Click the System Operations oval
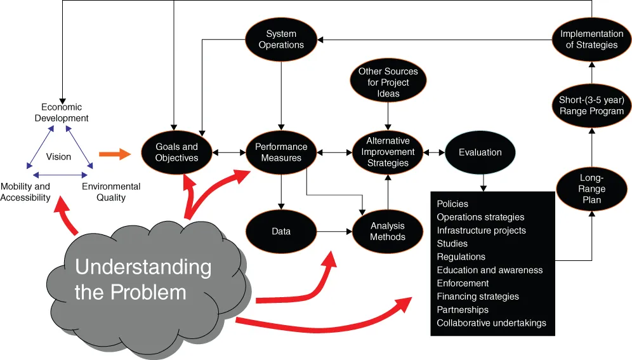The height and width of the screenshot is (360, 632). coord(281,39)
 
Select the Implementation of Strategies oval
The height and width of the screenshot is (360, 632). coord(591,39)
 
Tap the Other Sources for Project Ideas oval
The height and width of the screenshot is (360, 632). coord(388,83)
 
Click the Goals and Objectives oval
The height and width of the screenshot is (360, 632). coord(176,152)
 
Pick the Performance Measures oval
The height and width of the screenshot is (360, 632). coord(281,152)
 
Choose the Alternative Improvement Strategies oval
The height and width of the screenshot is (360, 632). coord(388,152)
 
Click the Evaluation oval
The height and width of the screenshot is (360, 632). coord(480,152)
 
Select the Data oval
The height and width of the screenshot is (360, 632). coord(281,232)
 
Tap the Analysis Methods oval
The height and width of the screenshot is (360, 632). coord(388,232)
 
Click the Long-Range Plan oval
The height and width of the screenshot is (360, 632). coord(591,189)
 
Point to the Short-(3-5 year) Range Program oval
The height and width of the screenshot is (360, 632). coord(591,105)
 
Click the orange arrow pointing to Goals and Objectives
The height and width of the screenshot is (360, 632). coord(114,154)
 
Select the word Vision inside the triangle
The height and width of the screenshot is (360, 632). coord(58,156)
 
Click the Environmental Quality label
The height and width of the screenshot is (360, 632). coord(111,192)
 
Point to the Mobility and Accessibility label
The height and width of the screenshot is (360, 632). coord(25,192)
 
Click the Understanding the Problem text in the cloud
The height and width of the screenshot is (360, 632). coord(143,279)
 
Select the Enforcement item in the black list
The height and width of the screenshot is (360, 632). coord(463,283)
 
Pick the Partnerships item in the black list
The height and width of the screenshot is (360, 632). coord(463,310)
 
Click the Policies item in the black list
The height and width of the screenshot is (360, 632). coord(452,204)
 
